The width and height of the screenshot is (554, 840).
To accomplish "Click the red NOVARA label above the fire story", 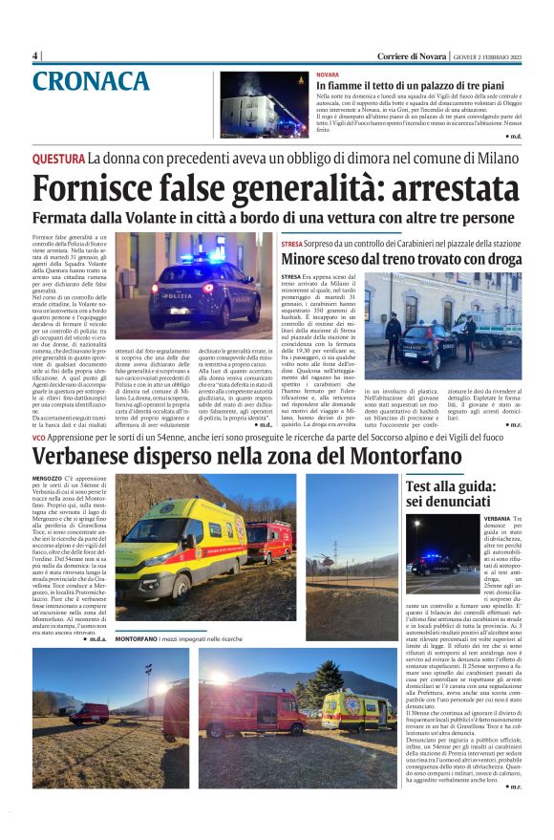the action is point(328,74).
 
